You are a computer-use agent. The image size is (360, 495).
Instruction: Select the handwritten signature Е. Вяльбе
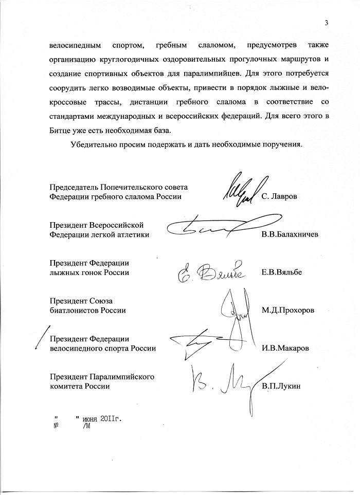tap(214, 271)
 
